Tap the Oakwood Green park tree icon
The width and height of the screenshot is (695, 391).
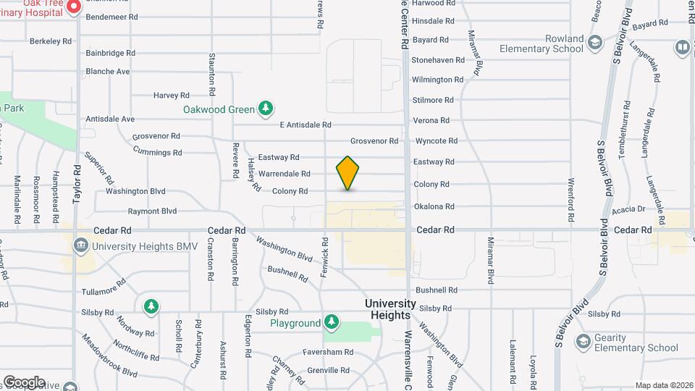266,109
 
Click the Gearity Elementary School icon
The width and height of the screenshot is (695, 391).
581,341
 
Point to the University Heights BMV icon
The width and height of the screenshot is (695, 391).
80,246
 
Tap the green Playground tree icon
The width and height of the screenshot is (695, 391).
331,321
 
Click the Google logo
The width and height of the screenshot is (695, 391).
24,382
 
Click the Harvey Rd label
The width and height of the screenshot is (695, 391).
171,95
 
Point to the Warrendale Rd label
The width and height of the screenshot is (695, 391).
284,174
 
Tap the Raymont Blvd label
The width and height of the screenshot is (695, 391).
152,211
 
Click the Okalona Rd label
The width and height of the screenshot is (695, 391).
434,206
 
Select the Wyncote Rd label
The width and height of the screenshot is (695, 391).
437,140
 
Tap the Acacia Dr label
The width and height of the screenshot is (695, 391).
628,209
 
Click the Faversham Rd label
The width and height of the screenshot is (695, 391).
328,352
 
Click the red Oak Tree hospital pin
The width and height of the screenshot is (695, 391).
73,7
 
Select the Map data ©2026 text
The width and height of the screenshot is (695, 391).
664,385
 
